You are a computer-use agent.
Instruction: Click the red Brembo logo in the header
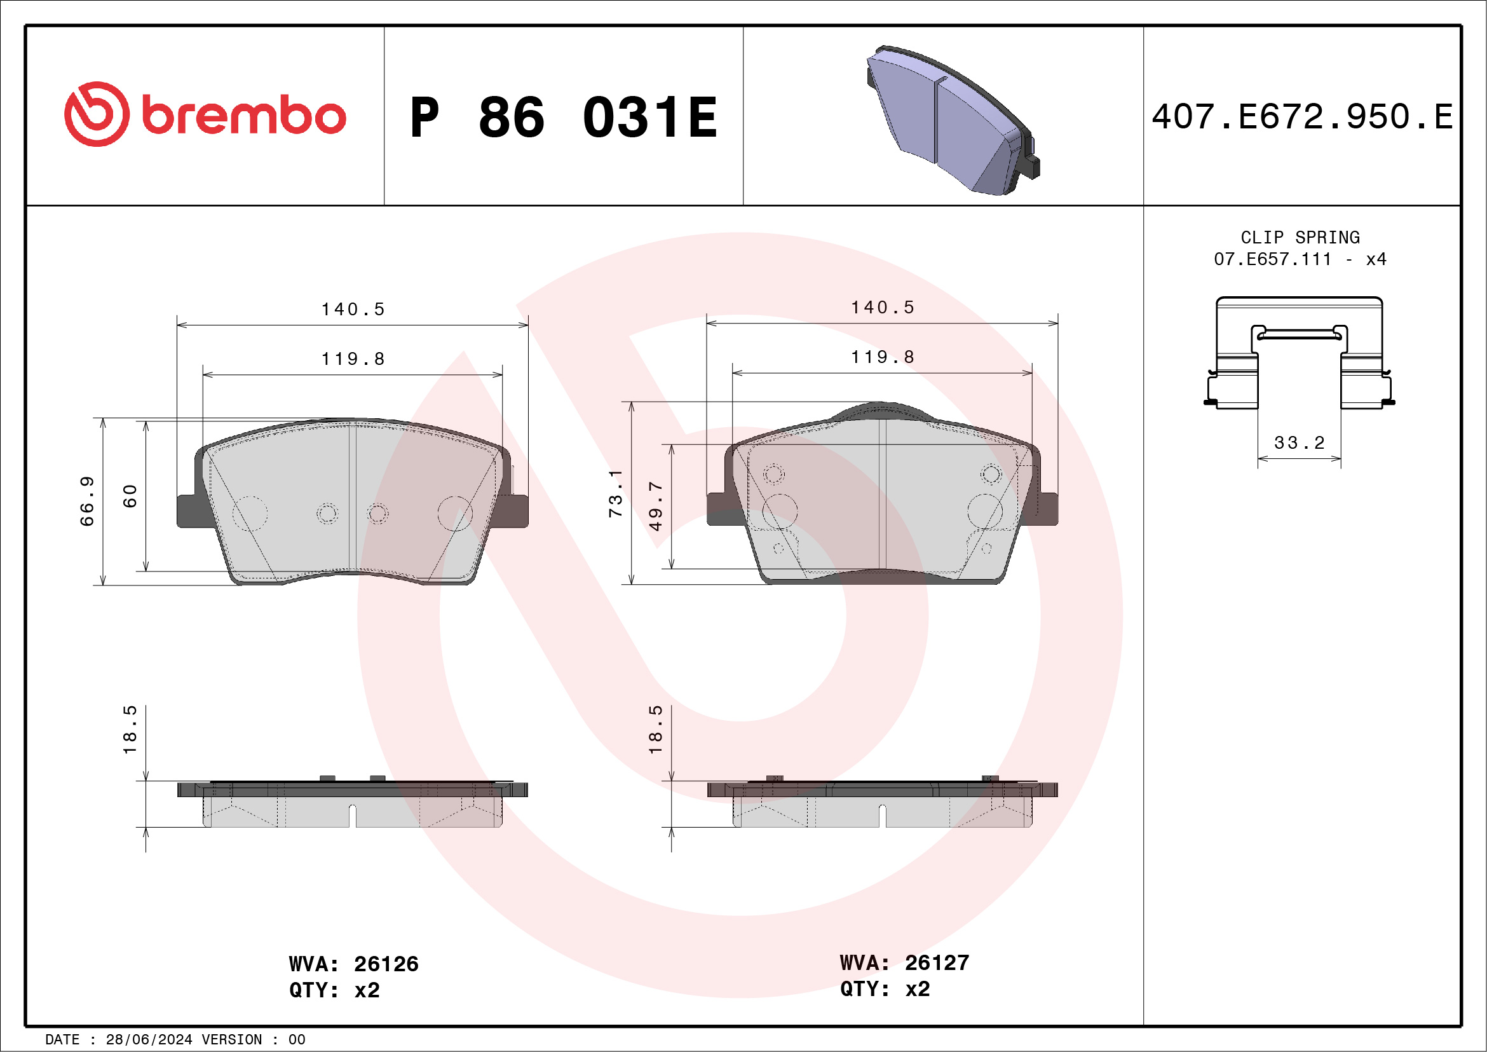[205, 114]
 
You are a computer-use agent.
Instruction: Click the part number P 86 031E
[564, 118]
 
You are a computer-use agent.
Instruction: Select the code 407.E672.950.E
[1302, 117]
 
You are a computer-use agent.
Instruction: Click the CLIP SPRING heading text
[1300, 238]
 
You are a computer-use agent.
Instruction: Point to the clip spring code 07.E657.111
[1272, 259]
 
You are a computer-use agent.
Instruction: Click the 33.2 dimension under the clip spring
[1299, 443]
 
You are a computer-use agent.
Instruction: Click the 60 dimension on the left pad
[130, 496]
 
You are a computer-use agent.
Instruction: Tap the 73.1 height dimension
[615, 494]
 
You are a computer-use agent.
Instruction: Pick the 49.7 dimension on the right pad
[655, 506]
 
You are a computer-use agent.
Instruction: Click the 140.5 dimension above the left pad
[353, 310]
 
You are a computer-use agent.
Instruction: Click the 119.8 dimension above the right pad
[882, 357]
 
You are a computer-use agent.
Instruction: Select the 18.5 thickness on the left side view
[130, 729]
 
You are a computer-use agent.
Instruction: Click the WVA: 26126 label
[353, 964]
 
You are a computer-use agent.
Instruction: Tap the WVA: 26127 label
[904, 962]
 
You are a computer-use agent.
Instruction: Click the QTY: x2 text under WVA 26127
[885, 989]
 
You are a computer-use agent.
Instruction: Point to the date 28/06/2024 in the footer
[149, 1040]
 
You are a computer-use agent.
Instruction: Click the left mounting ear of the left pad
[189, 510]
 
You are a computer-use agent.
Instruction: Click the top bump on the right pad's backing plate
[881, 409]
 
